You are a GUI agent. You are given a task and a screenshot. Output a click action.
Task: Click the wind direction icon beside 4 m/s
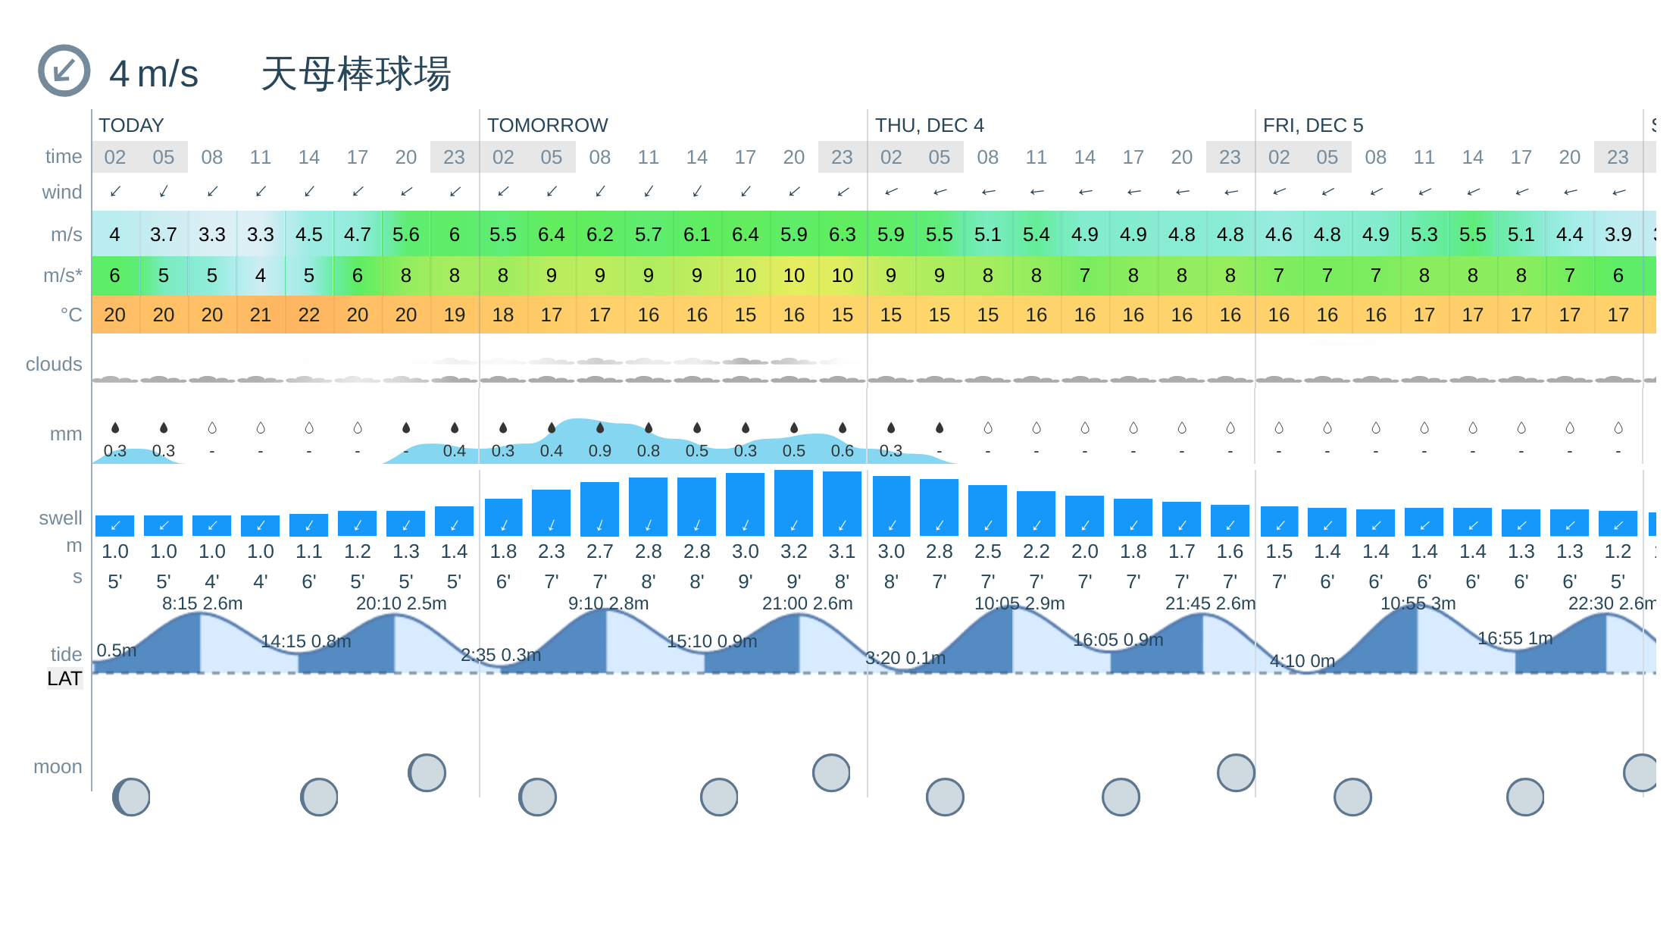click(64, 70)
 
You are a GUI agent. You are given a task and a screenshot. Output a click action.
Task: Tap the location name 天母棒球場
click(355, 74)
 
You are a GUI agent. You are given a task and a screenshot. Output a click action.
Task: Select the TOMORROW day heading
click(547, 125)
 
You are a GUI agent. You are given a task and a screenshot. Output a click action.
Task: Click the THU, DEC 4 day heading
click(930, 125)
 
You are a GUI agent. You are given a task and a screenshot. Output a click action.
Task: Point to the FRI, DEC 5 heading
click(1313, 125)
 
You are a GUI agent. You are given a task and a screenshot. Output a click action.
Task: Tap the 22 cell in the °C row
click(309, 315)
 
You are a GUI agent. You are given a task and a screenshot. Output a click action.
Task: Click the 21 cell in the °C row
click(261, 315)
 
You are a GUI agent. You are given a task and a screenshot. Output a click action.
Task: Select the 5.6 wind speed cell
click(406, 234)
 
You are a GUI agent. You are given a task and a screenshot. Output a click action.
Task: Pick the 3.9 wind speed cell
click(1618, 234)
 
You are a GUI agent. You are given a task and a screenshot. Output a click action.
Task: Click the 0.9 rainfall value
click(600, 451)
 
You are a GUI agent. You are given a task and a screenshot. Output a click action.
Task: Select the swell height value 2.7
click(600, 551)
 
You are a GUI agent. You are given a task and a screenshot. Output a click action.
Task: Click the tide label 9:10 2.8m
click(608, 603)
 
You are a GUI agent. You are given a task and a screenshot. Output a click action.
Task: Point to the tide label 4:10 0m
click(1302, 661)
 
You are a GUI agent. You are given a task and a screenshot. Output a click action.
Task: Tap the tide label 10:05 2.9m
click(1019, 603)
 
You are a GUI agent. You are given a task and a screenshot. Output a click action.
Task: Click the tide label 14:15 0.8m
click(306, 641)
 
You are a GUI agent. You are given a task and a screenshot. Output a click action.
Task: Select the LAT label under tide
click(64, 678)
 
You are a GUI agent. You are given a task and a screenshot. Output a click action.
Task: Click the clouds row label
click(54, 365)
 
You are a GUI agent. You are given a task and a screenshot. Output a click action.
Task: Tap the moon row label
click(58, 767)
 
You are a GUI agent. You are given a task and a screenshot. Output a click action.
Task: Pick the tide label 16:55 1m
click(1515, 638)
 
